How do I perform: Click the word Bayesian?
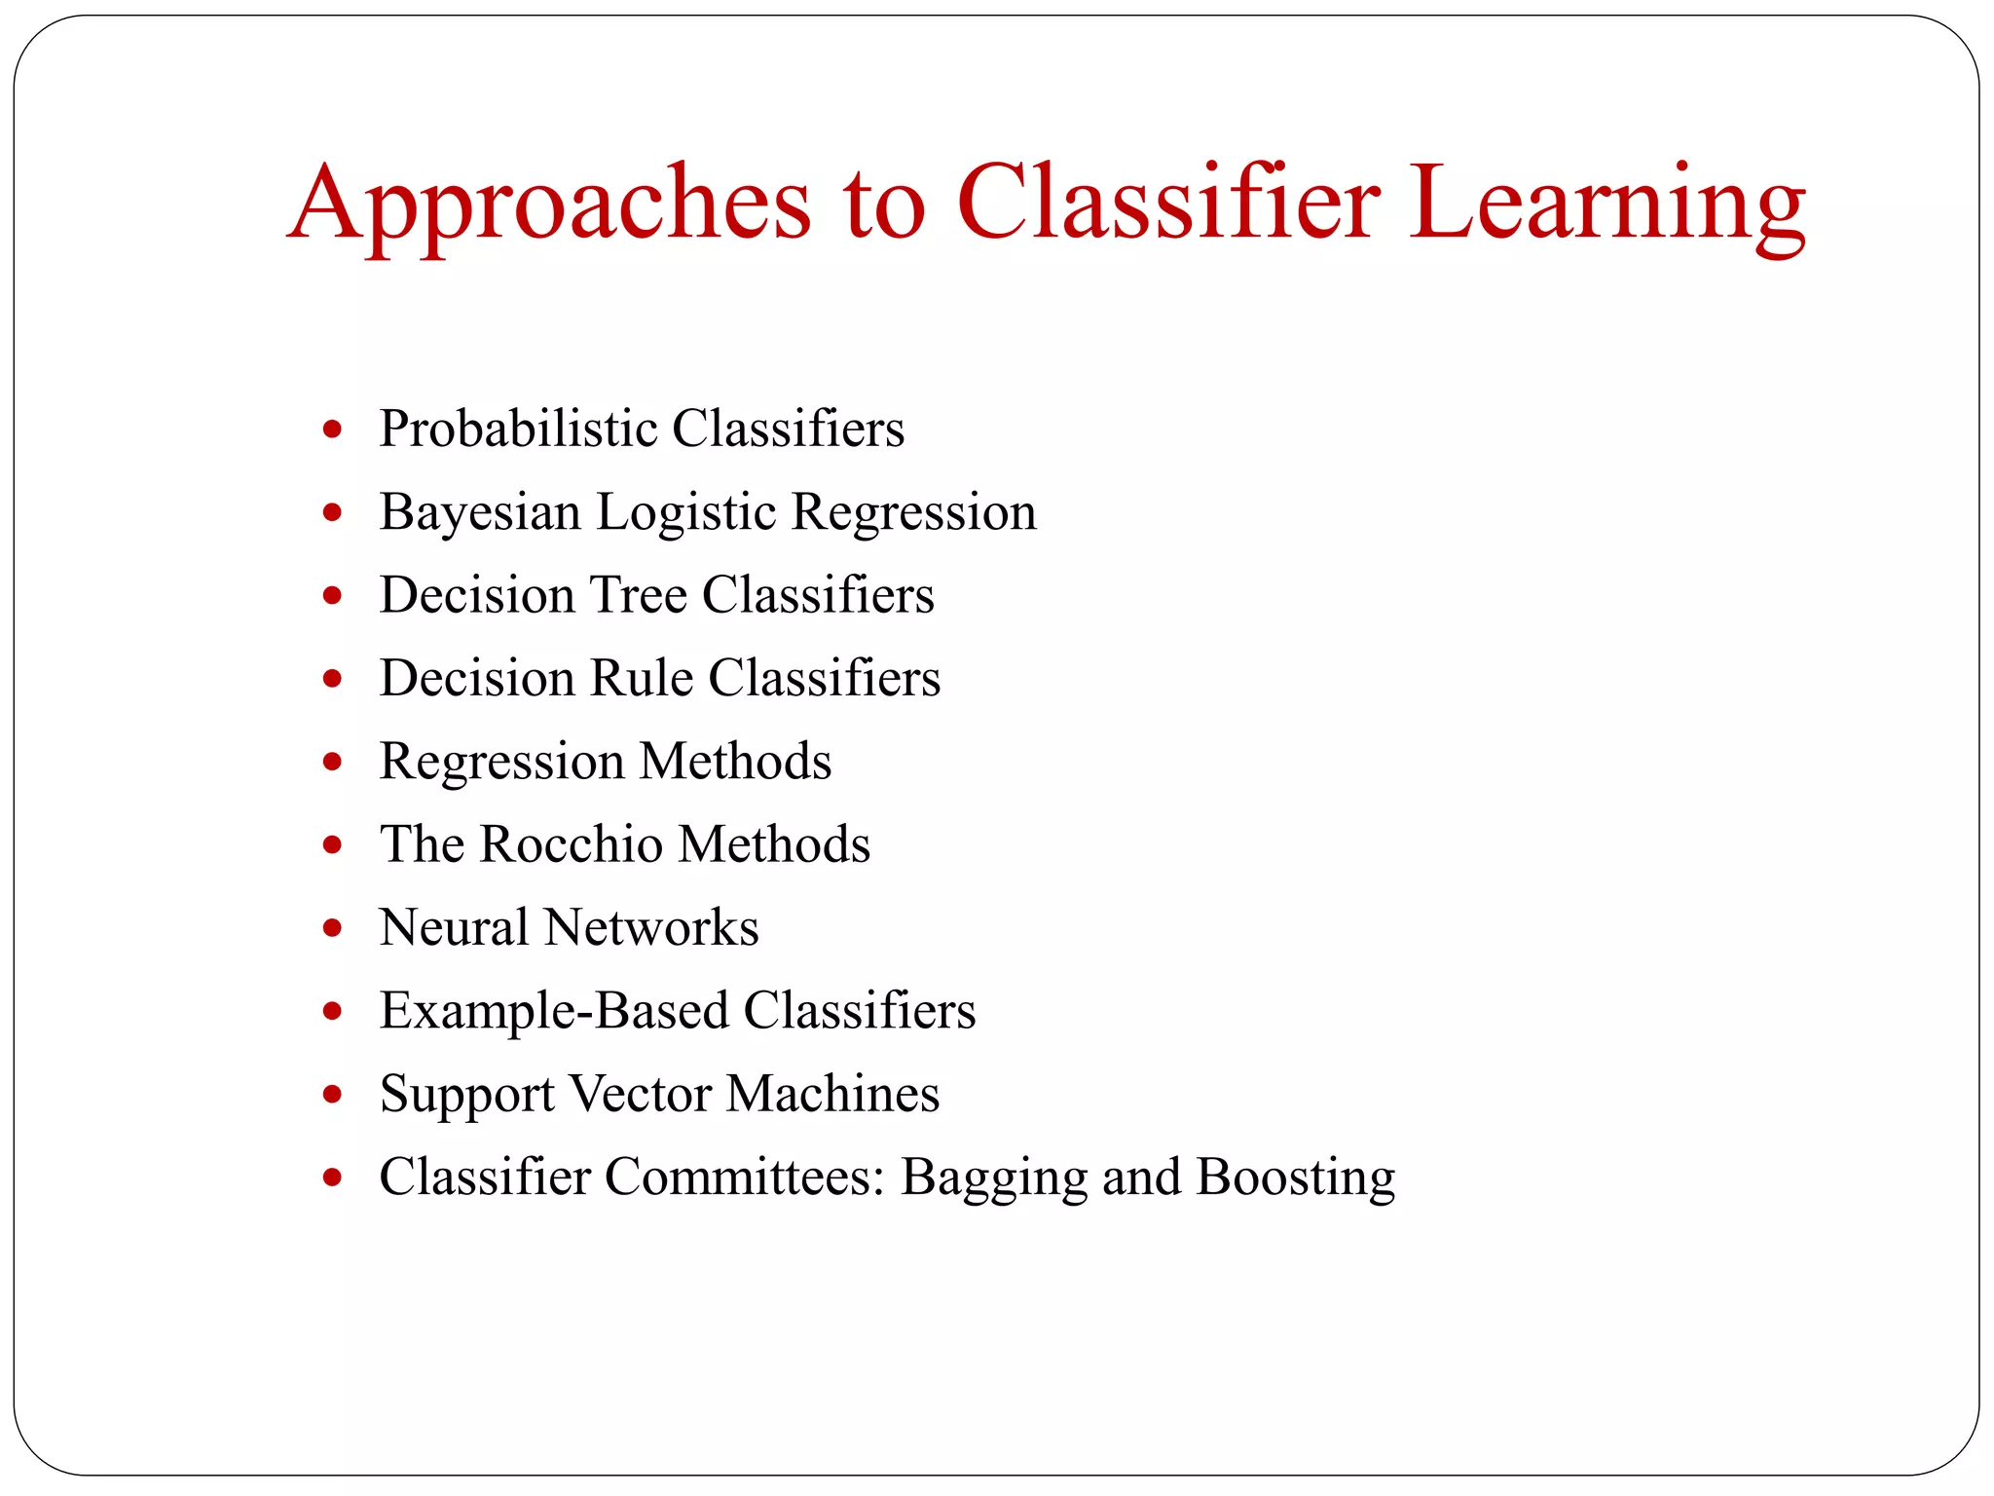click(x=480, y=512)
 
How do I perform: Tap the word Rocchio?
click(x=572, y=843)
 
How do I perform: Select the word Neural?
click(x=454, y=927)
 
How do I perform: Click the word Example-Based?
click(x=554, y=1010)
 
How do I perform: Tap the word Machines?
click(x=832, y=1093)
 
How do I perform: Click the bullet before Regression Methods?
click(x=333, y=762)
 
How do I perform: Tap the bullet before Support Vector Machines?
click(x=333, y=1095)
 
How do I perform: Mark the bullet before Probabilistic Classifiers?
click(x=333, y=430)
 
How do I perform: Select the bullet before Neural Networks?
click(x=333, y=928)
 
